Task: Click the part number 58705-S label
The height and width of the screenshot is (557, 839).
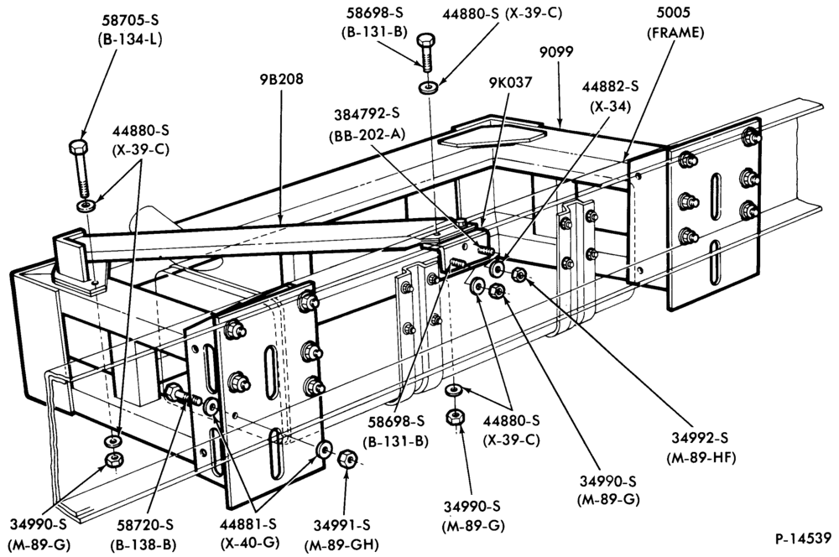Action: [x=130, y=20]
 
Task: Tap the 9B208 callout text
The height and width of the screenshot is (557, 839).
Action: [x=281, y=79]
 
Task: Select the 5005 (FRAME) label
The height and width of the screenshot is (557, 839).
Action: [x=675, y=23]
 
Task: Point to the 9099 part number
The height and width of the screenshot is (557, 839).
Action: [x=557, y=52]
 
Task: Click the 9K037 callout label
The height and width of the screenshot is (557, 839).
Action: [x=510, y=82]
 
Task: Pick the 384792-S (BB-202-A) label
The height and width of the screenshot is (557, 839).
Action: [x=367, y=124]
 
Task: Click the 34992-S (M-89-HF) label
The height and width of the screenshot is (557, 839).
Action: [x=701, y=447]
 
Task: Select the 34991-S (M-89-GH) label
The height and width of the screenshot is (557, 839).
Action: [x=341, y=535]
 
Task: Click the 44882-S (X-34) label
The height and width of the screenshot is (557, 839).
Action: [x=611, y=96]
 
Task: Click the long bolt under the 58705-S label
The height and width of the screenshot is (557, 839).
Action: [x=80, y=169]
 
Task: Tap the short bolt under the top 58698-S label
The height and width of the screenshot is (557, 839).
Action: [x=425, y=52]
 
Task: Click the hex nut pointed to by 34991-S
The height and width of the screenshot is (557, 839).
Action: [x=347, y=459]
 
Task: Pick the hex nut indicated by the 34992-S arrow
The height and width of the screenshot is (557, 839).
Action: [x=519, y=275]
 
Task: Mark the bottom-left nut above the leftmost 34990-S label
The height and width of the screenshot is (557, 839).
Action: [x=113, y=460]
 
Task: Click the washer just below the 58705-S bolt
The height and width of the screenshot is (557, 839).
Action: [x=85, y=205]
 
